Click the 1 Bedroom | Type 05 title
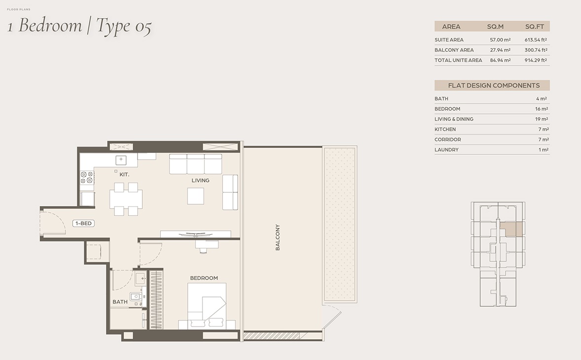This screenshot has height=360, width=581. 79,26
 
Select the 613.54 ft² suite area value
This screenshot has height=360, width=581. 536,39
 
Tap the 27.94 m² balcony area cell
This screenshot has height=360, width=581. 500,50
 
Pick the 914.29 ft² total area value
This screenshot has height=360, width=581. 536,60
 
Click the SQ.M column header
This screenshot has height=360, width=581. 495,27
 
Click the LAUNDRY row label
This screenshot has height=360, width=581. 446,149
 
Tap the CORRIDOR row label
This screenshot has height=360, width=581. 447,140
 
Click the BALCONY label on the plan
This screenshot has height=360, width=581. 278,237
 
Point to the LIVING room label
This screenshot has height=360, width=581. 200,180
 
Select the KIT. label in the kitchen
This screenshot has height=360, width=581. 124,174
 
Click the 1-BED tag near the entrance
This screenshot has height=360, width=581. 83,223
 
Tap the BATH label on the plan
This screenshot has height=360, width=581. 120,302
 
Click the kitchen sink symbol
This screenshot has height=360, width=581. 121,160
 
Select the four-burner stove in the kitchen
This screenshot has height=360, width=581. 87,177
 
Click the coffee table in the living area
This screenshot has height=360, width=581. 195,196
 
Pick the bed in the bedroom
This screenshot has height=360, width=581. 207,306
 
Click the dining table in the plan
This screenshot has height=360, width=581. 126,199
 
